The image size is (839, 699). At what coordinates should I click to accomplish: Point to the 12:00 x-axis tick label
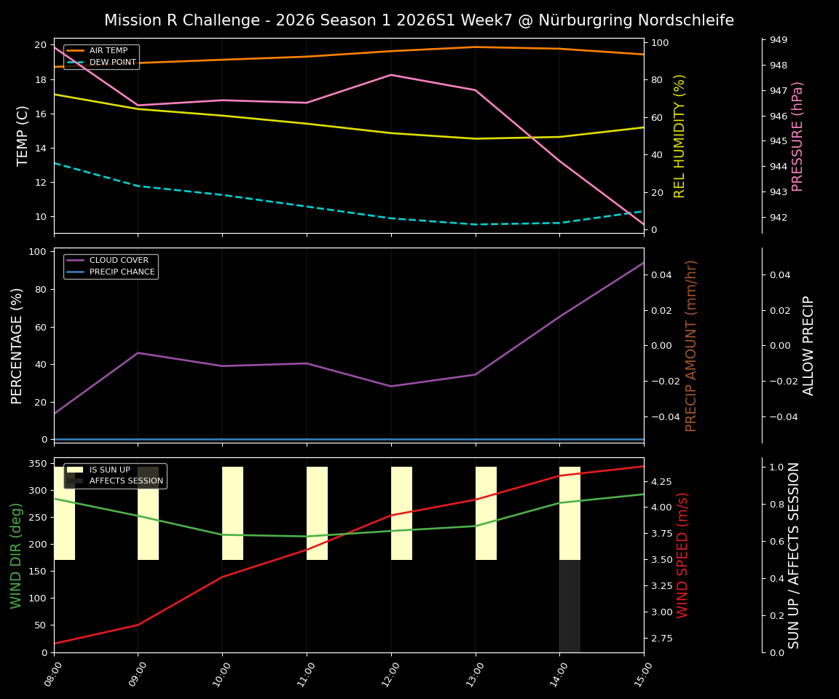pyautogui.click(x=385, y=674)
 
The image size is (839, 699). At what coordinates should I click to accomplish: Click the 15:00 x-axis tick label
pyautogui.click(x=638, y=674)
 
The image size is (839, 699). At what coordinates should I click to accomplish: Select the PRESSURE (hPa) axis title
pyautogui.click(x=797, y=136)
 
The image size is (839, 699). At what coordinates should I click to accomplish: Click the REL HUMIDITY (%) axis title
pyautogui.click(x=680, y=136)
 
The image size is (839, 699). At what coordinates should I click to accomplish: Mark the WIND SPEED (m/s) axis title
pyautogui.click(x=682, y=555)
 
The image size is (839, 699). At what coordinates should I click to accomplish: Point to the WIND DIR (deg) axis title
pyautogui.click(x=16, y=555)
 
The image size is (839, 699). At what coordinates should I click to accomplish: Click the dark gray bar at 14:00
pyautogui.click(x=570, y=606)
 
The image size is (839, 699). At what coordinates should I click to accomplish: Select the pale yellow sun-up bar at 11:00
pyautogui.click(x=317, y=513)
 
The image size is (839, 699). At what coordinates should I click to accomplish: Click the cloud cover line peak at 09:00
pyautogui.click(x=138, y=353)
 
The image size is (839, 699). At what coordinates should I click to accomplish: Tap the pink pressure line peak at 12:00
pyautogui.click(x=391, y=75)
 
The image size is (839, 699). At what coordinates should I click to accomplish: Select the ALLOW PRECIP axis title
pyautogui.click(x=808, y=345)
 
